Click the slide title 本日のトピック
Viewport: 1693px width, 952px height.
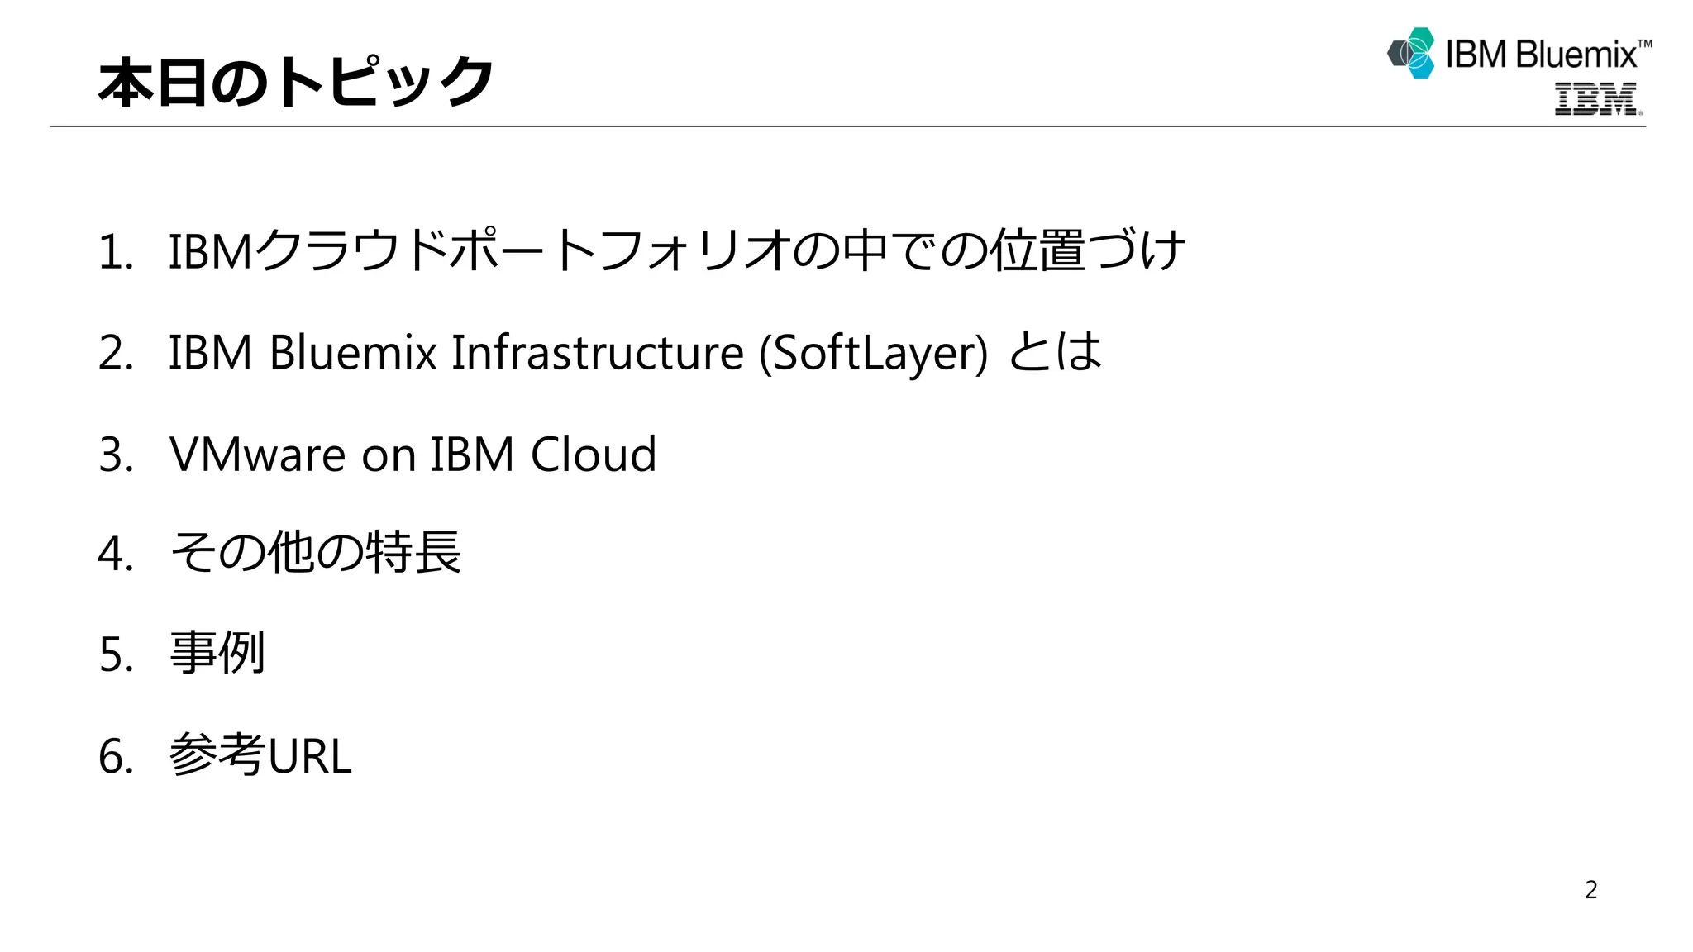(x=295, y=82)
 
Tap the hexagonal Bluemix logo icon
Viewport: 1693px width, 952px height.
(x=1412, y=53)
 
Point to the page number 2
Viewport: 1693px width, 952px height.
(x=1590, y=889)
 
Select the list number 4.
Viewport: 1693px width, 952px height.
(x=115, y=554)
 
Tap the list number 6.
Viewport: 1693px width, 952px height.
(x=115, y=756)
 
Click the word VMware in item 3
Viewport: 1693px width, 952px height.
(x=257, y=454)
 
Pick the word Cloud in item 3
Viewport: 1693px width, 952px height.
(x=593, y=454)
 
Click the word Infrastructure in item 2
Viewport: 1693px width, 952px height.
(x=597, y=353)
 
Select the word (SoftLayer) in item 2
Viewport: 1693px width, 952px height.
(x=873, y=353)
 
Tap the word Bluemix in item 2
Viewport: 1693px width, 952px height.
(x=353, y=353)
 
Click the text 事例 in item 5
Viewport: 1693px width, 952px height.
(x=217, y=654)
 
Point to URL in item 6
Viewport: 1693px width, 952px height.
(x=310, y=756)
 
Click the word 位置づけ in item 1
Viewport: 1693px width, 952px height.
(x=1087, y=250)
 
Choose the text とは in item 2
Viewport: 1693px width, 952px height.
(x=1056, y=351)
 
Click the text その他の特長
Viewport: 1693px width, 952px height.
(x=315, y=553)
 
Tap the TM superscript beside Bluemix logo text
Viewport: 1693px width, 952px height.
(x=1644, y=44)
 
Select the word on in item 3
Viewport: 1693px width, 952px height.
(x=389, y=455)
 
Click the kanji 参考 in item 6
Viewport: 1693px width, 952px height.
(x=217, y=754)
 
